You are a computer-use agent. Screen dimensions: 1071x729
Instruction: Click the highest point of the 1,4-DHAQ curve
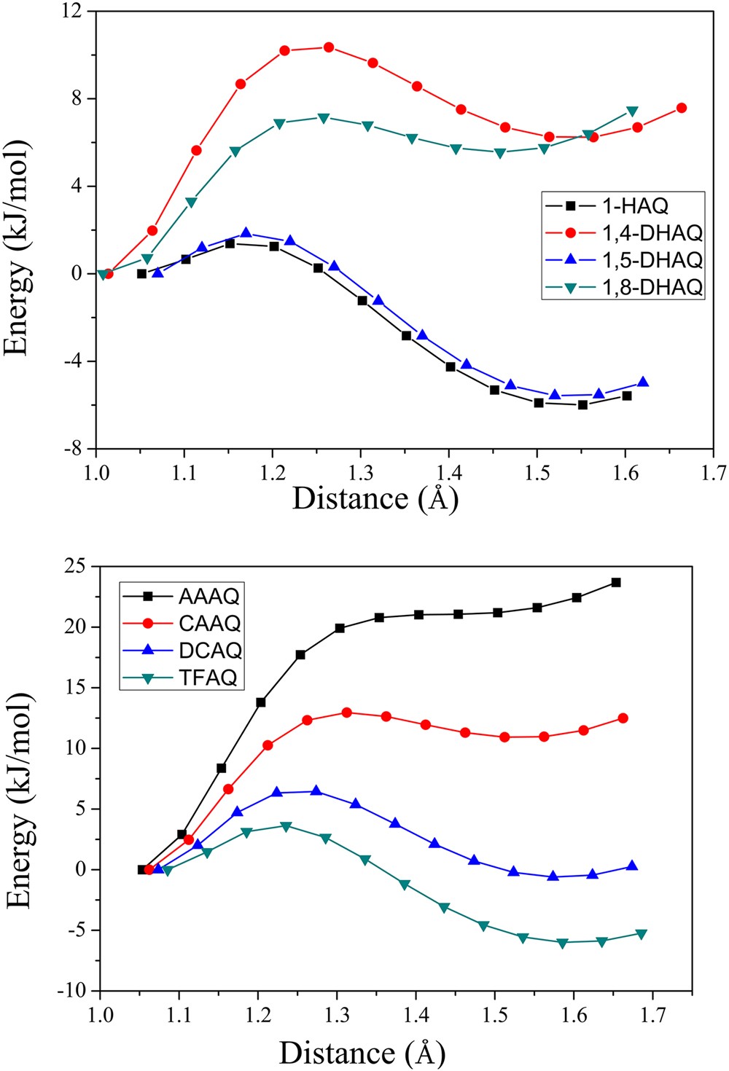329,47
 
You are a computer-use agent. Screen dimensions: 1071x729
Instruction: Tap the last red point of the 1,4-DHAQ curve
682,108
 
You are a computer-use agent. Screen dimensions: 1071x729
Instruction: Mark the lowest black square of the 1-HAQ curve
583,404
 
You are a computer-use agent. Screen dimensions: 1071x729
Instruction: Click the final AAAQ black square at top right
616,582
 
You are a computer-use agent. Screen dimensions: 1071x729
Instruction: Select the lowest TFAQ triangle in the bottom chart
562,943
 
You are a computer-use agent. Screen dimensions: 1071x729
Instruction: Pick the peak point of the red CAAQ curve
346,713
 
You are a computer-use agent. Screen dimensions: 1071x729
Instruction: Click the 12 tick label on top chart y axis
74,12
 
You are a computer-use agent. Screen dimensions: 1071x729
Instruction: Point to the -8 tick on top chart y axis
75,449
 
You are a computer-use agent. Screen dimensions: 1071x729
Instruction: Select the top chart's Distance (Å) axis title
375,498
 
